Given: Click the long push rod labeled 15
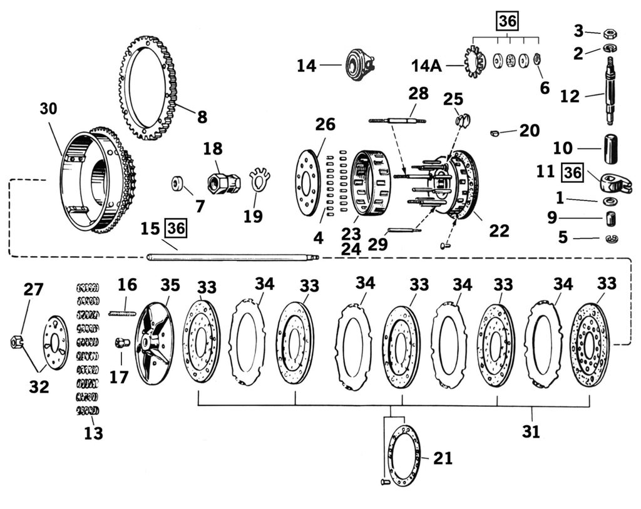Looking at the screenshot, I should pos(232,256).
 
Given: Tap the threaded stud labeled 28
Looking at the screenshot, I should pos(397,119).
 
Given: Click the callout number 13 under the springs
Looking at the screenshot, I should pos(93,433).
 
